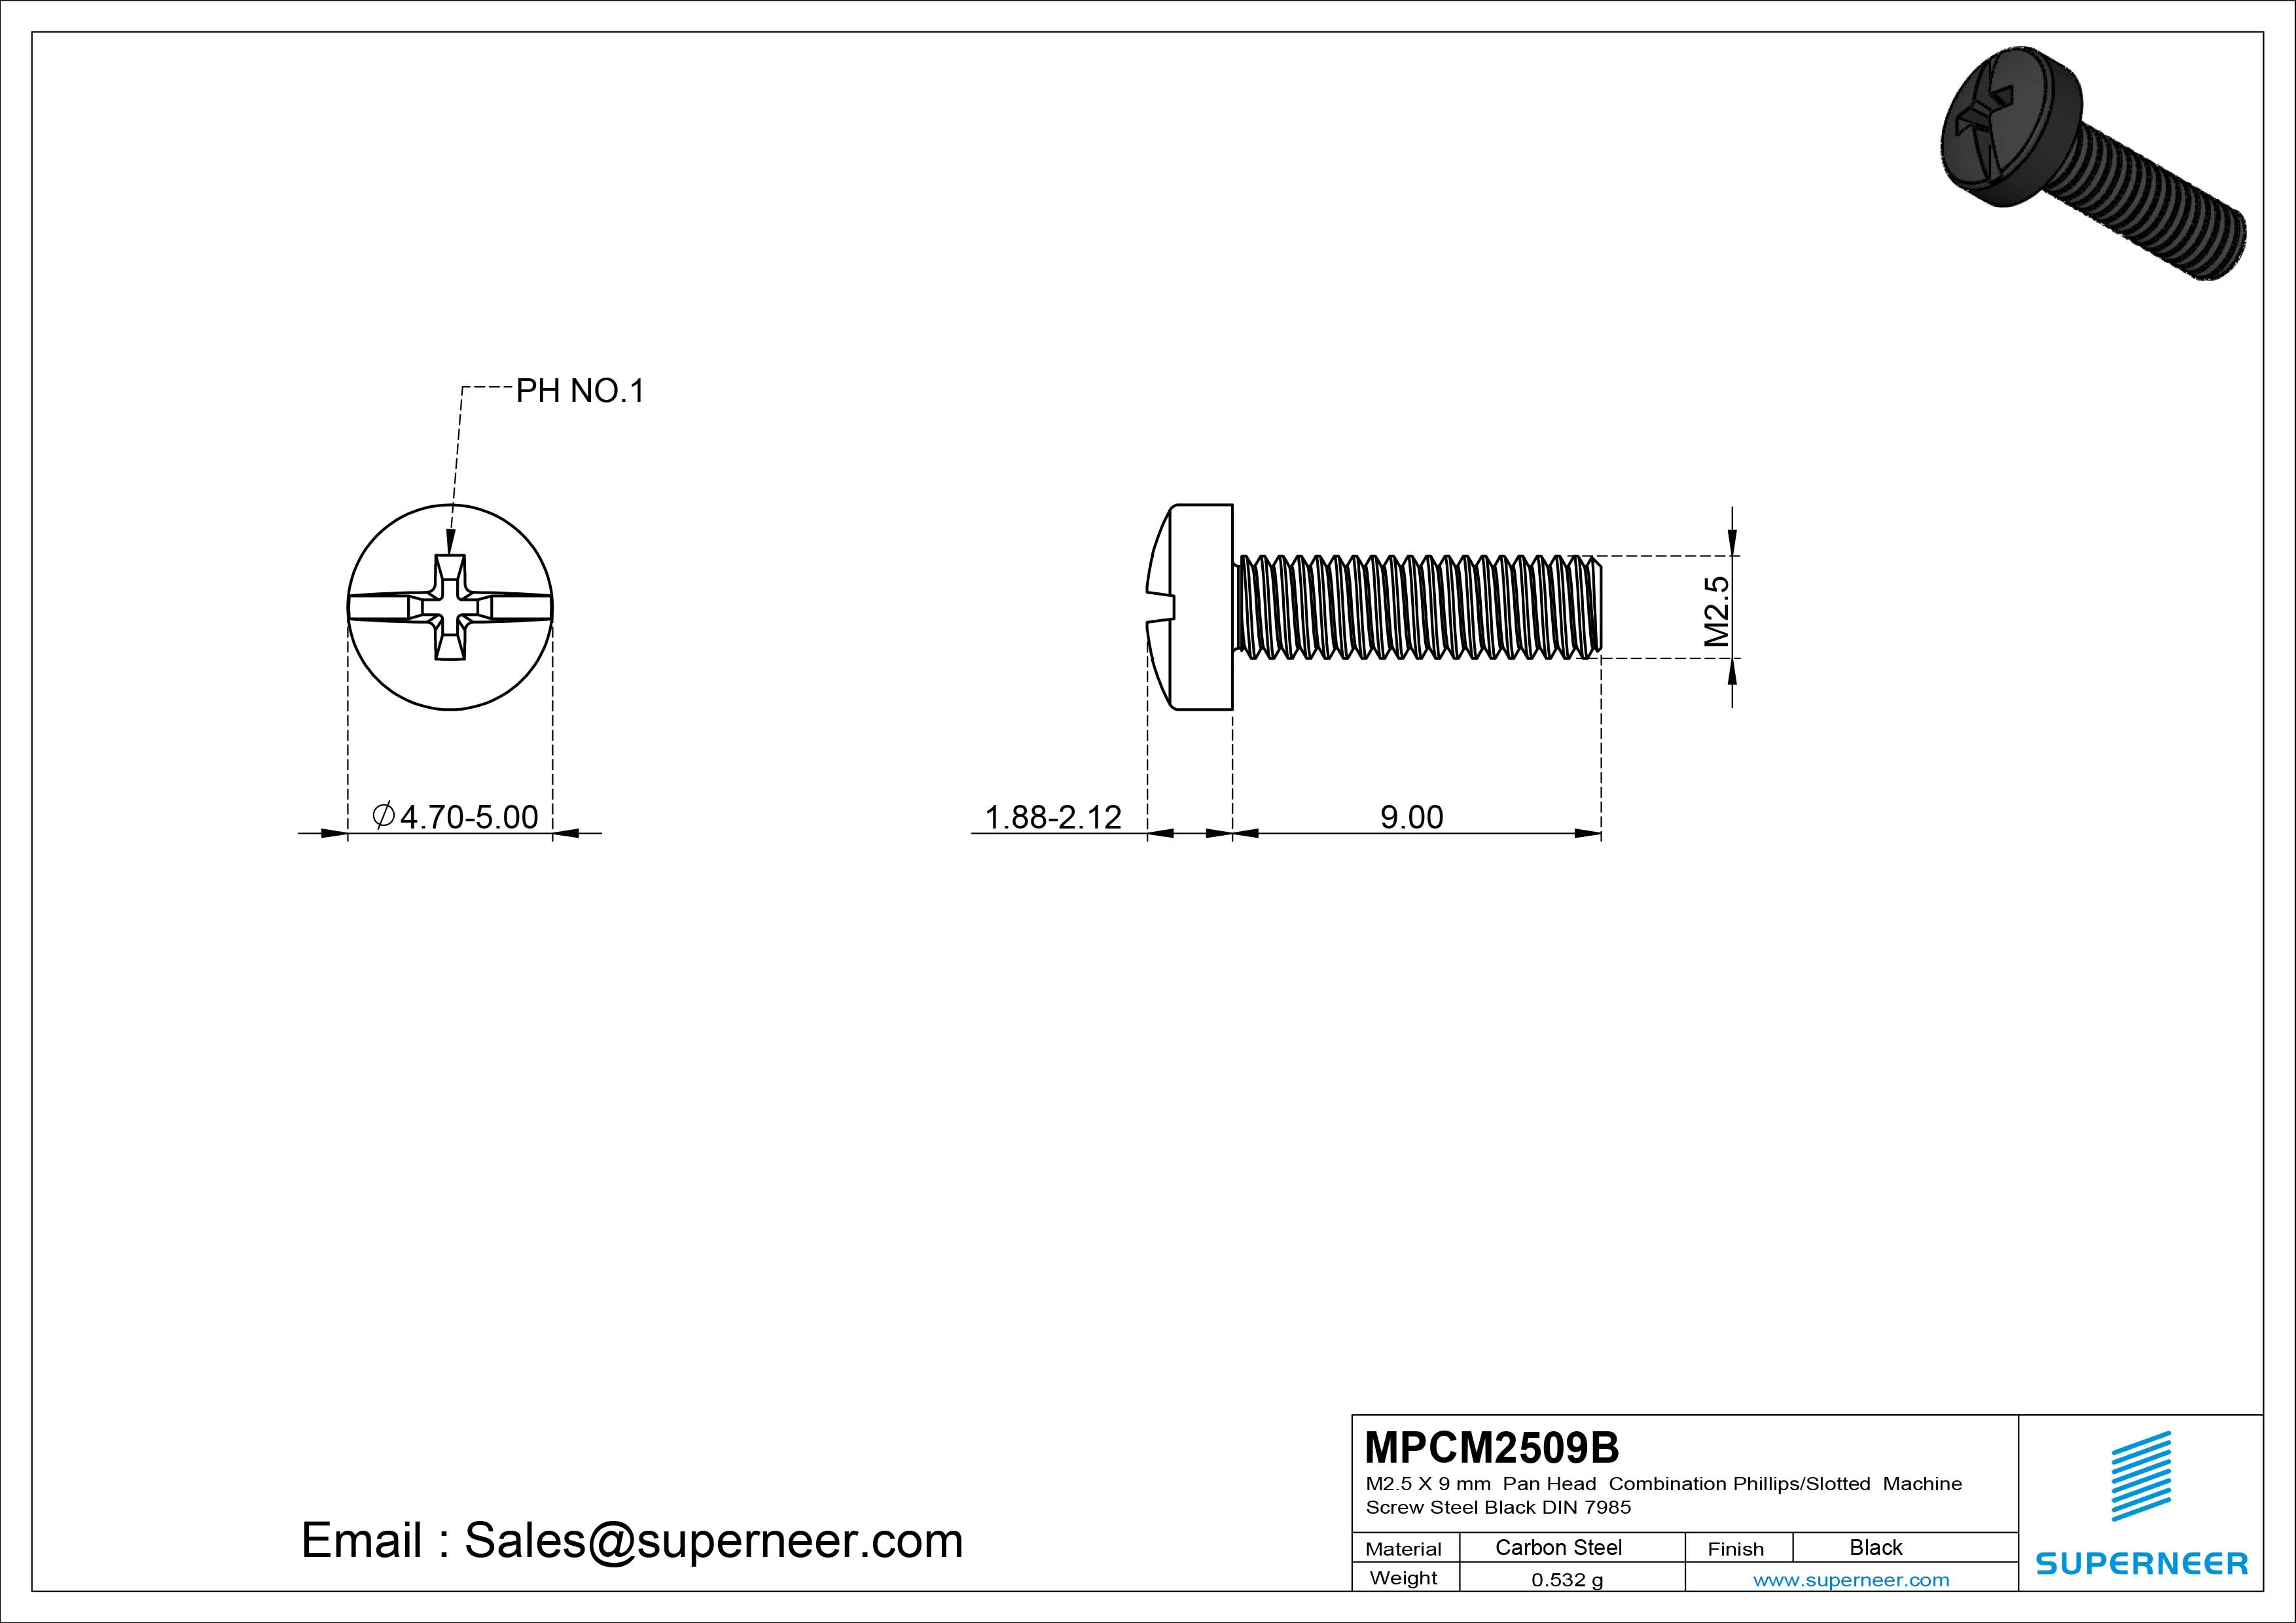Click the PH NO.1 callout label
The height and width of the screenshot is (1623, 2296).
[580, 391]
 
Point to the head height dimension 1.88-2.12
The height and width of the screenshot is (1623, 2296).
[1053, 817]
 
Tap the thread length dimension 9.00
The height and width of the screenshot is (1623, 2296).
[1411, 817]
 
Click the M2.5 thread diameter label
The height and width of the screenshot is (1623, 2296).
[1716, 611]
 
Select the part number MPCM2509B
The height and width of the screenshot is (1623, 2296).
[1491, 1447]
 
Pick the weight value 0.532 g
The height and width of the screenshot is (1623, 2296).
[1567, 1580]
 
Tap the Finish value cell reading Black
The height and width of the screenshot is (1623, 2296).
[1876, 1547]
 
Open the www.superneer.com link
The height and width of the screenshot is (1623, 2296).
[1851, 1580]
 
